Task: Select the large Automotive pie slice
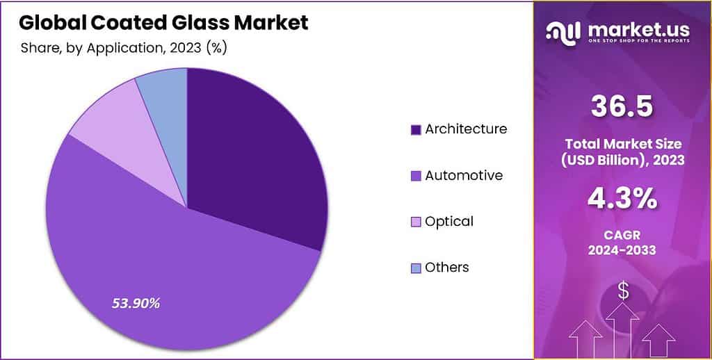(174, 278)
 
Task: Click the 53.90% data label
(136, 303)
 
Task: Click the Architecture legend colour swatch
(416, 129)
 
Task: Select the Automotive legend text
(464, 175)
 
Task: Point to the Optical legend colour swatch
(416, 222)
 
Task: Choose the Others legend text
(447, 268)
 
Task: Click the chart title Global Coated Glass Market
(163, 23)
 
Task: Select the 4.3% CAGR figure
(622, 199)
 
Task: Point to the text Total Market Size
(622, 144)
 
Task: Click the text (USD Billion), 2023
(622, 160)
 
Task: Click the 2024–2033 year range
(622, 251)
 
